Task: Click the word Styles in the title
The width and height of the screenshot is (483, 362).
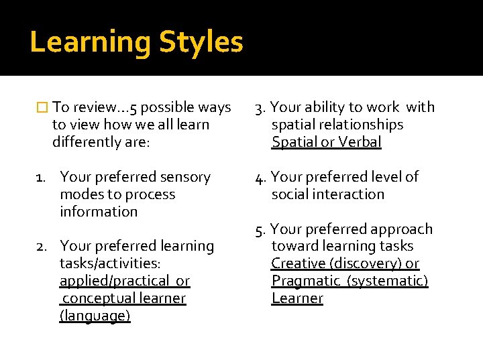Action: [201, 42]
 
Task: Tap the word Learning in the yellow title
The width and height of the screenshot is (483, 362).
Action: [91, 42]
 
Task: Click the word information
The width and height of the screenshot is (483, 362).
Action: [99, 212]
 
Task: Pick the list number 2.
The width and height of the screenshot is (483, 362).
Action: [41, 247]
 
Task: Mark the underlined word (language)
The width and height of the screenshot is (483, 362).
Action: [95, 316]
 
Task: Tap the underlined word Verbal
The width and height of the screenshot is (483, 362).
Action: [360, 142]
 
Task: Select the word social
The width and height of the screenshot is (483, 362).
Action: [288, 194]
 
